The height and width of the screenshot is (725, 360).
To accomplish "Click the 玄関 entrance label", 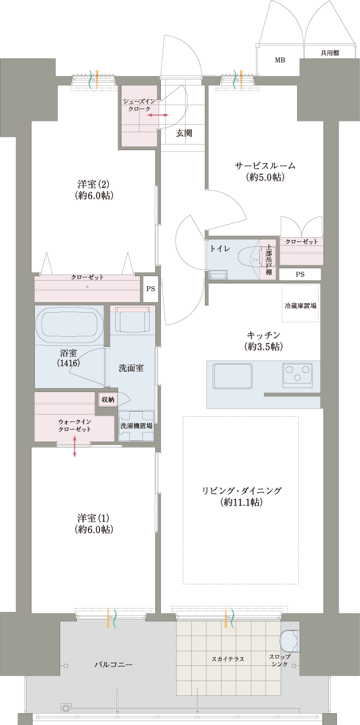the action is [184, 133].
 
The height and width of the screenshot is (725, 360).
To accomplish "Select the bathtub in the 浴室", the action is [69, 325].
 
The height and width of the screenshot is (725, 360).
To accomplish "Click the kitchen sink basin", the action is [232, 376].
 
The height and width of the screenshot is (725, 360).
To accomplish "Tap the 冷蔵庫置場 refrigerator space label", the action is [300, 305].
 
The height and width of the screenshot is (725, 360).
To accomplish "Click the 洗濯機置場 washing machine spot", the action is [136, 426].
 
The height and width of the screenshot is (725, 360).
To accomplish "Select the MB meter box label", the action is [280, 60].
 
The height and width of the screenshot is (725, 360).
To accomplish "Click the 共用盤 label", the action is [330, 53].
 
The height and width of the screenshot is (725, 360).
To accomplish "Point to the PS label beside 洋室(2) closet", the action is [151, 289].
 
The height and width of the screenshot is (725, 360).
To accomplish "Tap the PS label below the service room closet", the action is [300, 274].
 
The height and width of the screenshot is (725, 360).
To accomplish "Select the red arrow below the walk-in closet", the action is [74, 447].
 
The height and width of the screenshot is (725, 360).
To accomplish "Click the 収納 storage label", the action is [108, 399].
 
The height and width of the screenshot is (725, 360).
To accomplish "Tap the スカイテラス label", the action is [228, 659].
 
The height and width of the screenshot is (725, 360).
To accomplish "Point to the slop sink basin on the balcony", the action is [290, 641].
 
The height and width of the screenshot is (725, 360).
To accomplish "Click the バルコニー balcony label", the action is [113, 664].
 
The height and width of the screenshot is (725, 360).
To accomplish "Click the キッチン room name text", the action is [263, 335].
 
